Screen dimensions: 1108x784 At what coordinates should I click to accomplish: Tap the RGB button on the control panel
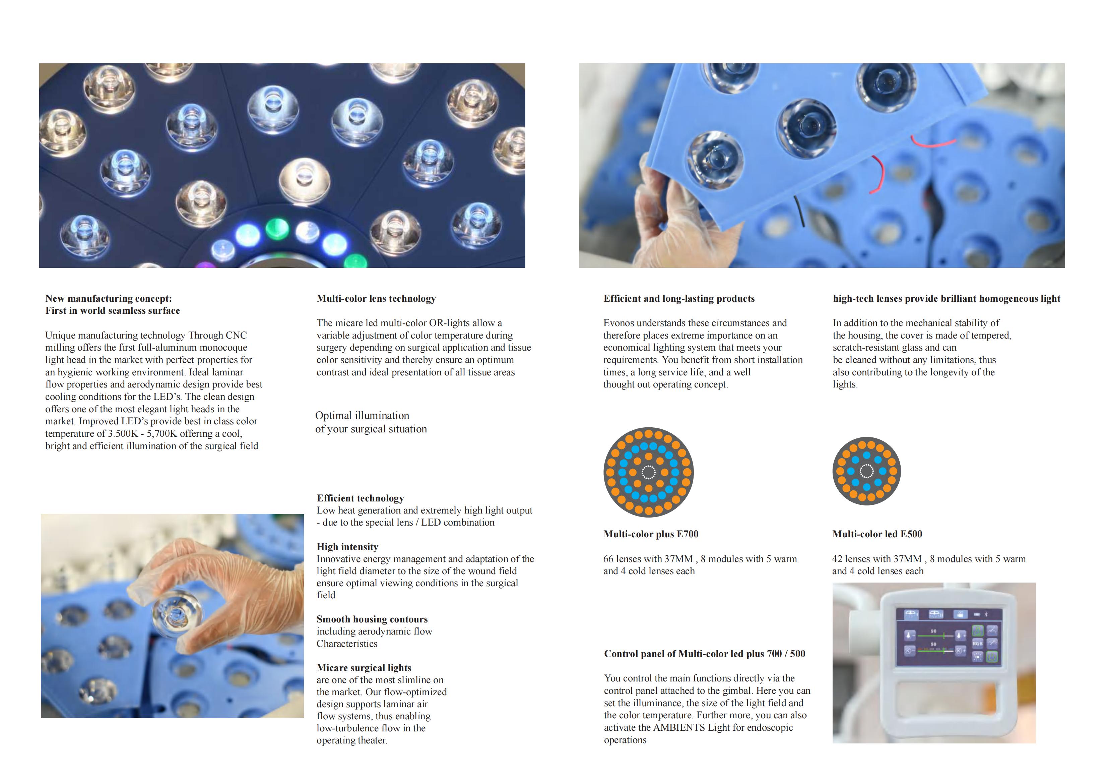point(977,644)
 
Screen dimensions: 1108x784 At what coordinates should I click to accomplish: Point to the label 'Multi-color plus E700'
point(651,534)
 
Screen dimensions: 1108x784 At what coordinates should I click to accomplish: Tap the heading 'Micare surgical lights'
point(364,668)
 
